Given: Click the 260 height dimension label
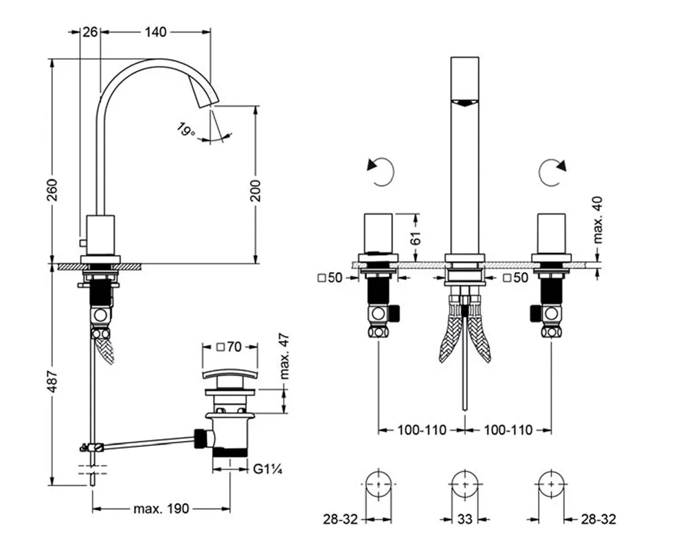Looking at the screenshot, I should tap(53, 194).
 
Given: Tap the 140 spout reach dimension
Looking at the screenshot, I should tap(157, 31).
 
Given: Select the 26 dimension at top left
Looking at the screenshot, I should tap(89, 31).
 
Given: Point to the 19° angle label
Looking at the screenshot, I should tap(184, 129).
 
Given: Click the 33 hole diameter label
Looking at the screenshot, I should tap(465, 520).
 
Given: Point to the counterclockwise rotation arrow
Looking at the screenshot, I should tap(381, 173).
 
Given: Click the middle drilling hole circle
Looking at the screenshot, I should tap(465, 485).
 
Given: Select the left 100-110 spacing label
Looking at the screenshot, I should tap(421, 430).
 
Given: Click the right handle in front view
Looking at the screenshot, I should tap(551, 234).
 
